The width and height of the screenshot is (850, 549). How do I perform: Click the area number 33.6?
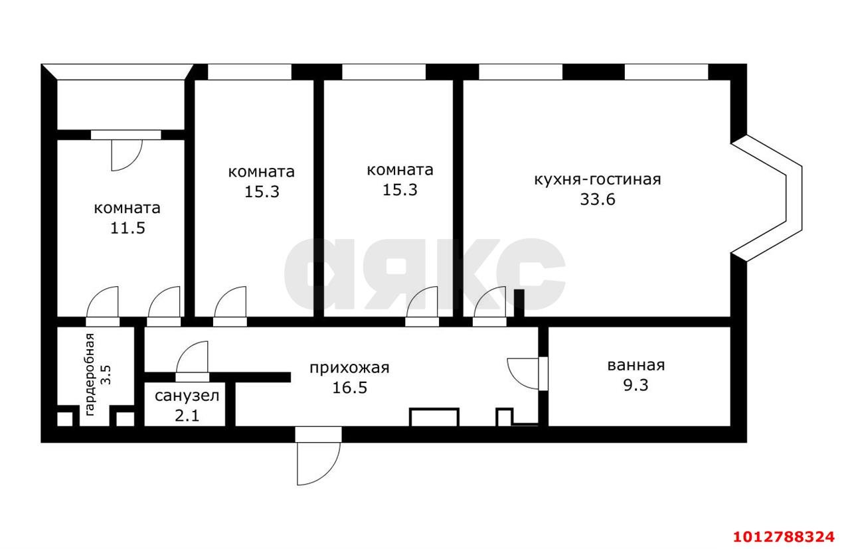pyautogui.click(x=598, y=199)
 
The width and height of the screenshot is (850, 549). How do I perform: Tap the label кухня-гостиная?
pyautogui.click(x=598, y=179)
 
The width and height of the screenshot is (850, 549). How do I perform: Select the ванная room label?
pyautogui.click(x=636, y=365)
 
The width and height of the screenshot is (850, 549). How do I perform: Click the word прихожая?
pyautogui.click(x=349, y=368)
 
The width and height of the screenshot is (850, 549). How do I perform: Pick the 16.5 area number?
pyautogui.click(x=349, y=387)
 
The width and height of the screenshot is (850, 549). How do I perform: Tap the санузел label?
pyautogui.click(x=186, y=396)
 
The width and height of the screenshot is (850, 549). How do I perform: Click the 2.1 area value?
pyautogui.click(x=186, y=416)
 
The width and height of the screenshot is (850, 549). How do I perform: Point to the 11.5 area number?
pyautogui.click(x=127, y=228)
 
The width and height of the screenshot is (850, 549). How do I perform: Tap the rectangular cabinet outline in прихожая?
pyautogui.click(x=434, y=418)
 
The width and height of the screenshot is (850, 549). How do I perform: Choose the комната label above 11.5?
pyautogui.click(x=127, y=208)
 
